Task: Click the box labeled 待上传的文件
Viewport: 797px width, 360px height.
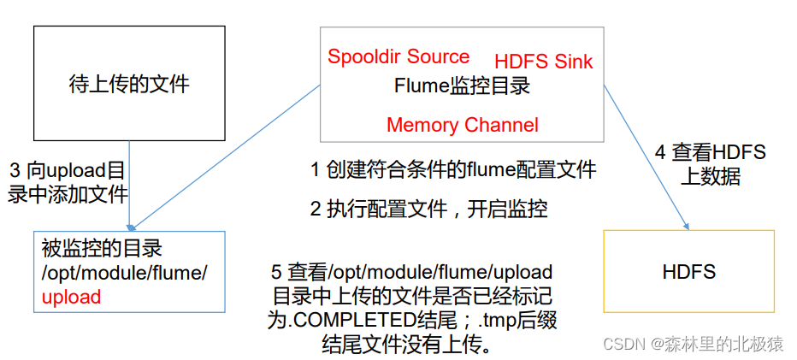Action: point(128,84)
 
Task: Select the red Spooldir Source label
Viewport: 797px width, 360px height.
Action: point(398,57)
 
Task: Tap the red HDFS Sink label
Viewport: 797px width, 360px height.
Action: point(544,62)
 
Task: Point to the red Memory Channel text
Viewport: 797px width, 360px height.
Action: point(463,125)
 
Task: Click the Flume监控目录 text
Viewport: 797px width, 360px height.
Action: point(462,86)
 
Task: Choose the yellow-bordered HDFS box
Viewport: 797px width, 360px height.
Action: point(688,272)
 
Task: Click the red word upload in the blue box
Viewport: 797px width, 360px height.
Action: point(71,298)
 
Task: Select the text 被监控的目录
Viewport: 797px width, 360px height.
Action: point(102,249)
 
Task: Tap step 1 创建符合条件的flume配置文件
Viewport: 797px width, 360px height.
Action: point(452,169)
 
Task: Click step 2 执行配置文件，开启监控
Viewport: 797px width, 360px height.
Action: point(428,208)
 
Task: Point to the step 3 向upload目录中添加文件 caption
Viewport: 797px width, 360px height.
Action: point(67,181)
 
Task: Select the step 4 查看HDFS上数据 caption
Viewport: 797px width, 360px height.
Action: point(711,165)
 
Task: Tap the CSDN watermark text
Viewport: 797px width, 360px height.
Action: point(694,344)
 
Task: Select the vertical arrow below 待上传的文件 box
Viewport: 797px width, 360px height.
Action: point(129,184)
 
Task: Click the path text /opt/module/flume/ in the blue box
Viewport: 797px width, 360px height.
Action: point(124,273)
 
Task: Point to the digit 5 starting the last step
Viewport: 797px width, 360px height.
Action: point(276,273)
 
